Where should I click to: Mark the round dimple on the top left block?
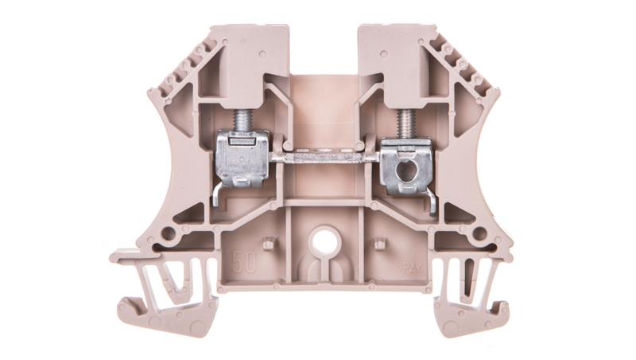click(x=254, y=53)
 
